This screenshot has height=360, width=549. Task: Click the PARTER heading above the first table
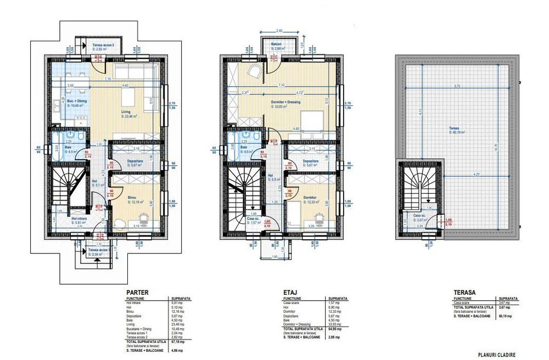click(137, 292)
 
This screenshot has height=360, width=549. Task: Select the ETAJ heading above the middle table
click(290, 292)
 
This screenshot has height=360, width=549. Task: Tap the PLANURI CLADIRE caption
click(496, 355)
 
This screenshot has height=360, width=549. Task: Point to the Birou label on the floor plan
click(132, 198)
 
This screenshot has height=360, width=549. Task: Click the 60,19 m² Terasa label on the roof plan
click(457, 130)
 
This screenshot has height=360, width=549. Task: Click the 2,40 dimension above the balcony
click(279, 31)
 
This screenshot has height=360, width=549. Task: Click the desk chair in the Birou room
click(143, 218)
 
